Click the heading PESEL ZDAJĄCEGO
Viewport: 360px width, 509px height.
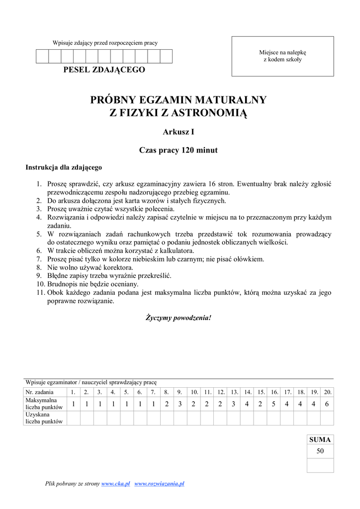[104, 70]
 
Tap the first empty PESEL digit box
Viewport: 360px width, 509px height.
[42, 56]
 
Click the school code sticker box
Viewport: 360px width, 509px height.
[282, 56]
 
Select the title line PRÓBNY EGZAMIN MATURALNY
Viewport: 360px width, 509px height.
[178, 100]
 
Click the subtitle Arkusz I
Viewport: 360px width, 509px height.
[178, 132]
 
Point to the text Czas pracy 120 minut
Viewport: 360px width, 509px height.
[178, 150]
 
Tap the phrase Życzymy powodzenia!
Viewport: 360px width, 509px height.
[178, 317]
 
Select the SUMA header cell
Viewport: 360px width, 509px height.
[320, 440]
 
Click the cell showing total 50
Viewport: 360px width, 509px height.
[320, 451]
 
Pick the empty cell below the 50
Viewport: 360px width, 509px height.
[320, 465]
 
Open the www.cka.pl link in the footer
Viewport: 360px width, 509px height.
[115, 484]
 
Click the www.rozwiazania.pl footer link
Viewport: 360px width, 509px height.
[160, 484]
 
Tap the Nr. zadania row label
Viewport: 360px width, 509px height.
[40, 392]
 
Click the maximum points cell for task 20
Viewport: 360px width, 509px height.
[327, 404]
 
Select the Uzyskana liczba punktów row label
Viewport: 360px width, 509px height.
[44, 418]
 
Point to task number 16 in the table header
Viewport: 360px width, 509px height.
[274, 392]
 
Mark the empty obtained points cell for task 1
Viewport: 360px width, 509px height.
[73, 418]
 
